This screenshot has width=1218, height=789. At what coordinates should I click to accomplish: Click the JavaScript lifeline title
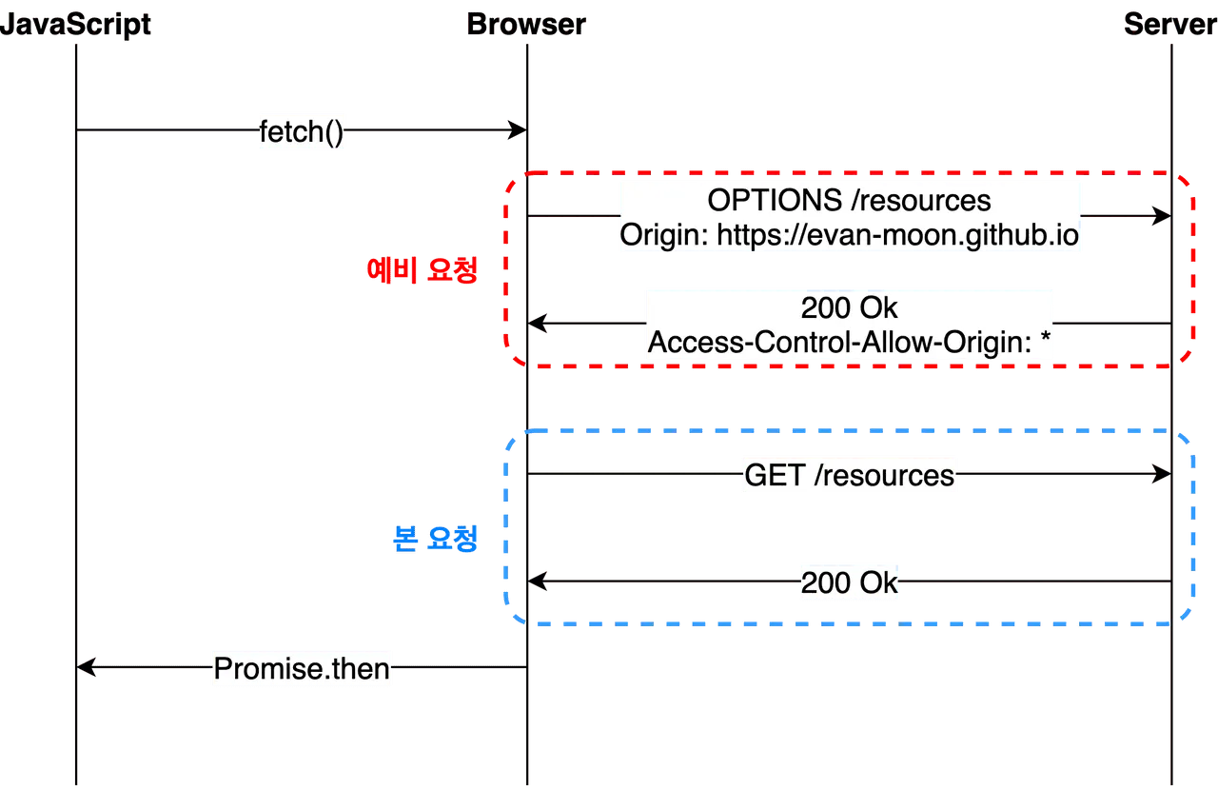click(76, 26)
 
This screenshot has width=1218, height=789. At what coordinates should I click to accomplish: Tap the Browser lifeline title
click(526, 26)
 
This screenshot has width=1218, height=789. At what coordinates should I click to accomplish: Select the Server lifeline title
click(1169, 26)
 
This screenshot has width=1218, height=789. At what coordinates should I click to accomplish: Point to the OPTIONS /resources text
click(849, 201)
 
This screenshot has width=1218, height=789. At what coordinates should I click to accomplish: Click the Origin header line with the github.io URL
click(849, 235)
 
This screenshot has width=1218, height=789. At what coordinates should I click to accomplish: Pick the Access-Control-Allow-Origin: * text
click(849, 341)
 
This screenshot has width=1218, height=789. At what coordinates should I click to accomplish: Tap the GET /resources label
click(849, 475)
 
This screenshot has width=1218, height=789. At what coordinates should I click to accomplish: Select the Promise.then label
click(302, 668)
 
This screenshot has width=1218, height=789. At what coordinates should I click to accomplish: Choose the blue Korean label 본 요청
click(435, 540)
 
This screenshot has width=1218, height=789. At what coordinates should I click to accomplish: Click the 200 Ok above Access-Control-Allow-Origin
click(849, 308)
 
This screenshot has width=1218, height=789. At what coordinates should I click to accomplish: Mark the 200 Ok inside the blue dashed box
click(849, 582)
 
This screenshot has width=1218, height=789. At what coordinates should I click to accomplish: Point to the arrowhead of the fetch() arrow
click(518, 131)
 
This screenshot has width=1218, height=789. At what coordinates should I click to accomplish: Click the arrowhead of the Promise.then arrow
click(87, 665)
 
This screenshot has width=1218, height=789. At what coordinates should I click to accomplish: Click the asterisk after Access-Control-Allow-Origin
click(1048, 338)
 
